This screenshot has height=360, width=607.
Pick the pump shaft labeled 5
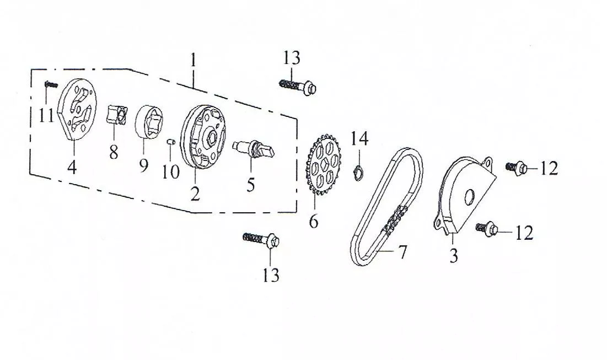254,149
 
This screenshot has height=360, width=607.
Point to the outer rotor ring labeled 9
149,121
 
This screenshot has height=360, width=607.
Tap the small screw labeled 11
51,84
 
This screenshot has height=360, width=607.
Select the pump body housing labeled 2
203,137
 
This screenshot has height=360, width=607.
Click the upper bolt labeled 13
298,86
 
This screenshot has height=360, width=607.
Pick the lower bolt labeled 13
261,239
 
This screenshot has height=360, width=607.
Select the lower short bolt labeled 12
488,228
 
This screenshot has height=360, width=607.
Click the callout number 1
193,61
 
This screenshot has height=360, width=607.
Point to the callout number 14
359,138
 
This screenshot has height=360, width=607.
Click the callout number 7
402,252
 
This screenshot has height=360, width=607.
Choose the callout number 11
46,115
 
